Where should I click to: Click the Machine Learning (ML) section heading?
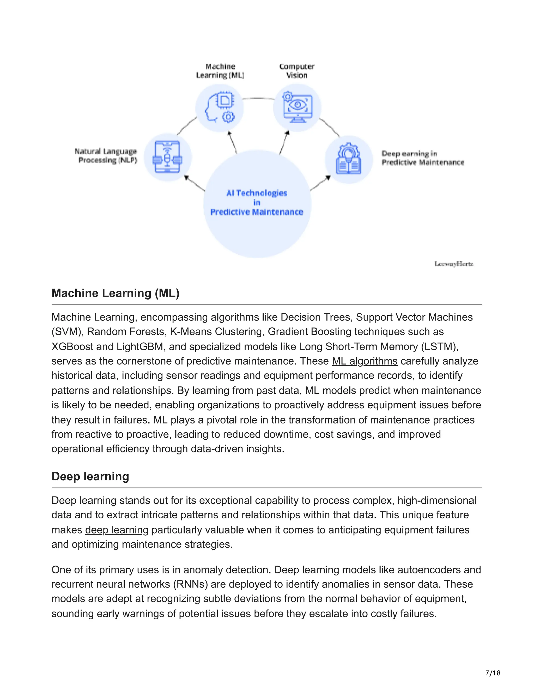tap(116, 293)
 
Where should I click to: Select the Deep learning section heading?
tap(90, 476)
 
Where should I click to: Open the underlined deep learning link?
tap(117, 530)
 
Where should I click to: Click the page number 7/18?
tap(493, 673)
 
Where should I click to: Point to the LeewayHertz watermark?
tap(454, 264)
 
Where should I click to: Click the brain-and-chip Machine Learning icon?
tap(220, 108)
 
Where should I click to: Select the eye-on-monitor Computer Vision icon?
tap(297, 108)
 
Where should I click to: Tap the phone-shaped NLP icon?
tap(168, 157)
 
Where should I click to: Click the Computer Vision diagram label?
tap(297, 71)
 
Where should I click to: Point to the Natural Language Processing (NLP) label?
tap(106, 156)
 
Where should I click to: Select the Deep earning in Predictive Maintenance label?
tap(423, 158)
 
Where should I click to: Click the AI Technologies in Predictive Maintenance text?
tap(257, 203)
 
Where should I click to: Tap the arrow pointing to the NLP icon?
tap(194, 184)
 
